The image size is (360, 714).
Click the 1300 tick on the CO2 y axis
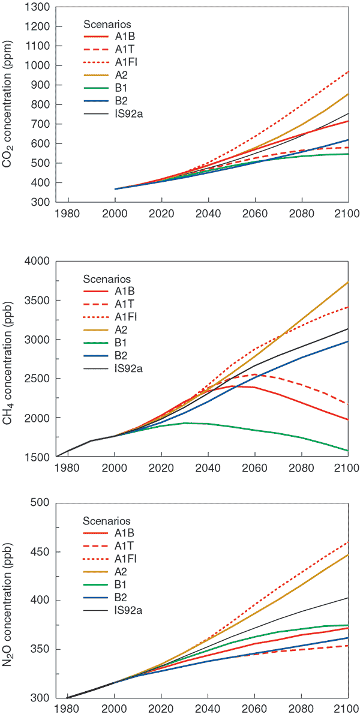37,7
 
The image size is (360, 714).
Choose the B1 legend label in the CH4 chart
121,342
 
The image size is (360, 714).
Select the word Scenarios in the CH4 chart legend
107,279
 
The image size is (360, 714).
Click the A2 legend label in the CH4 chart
121,329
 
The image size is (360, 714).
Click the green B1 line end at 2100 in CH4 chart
348,451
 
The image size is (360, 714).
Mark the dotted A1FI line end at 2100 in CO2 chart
348,72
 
